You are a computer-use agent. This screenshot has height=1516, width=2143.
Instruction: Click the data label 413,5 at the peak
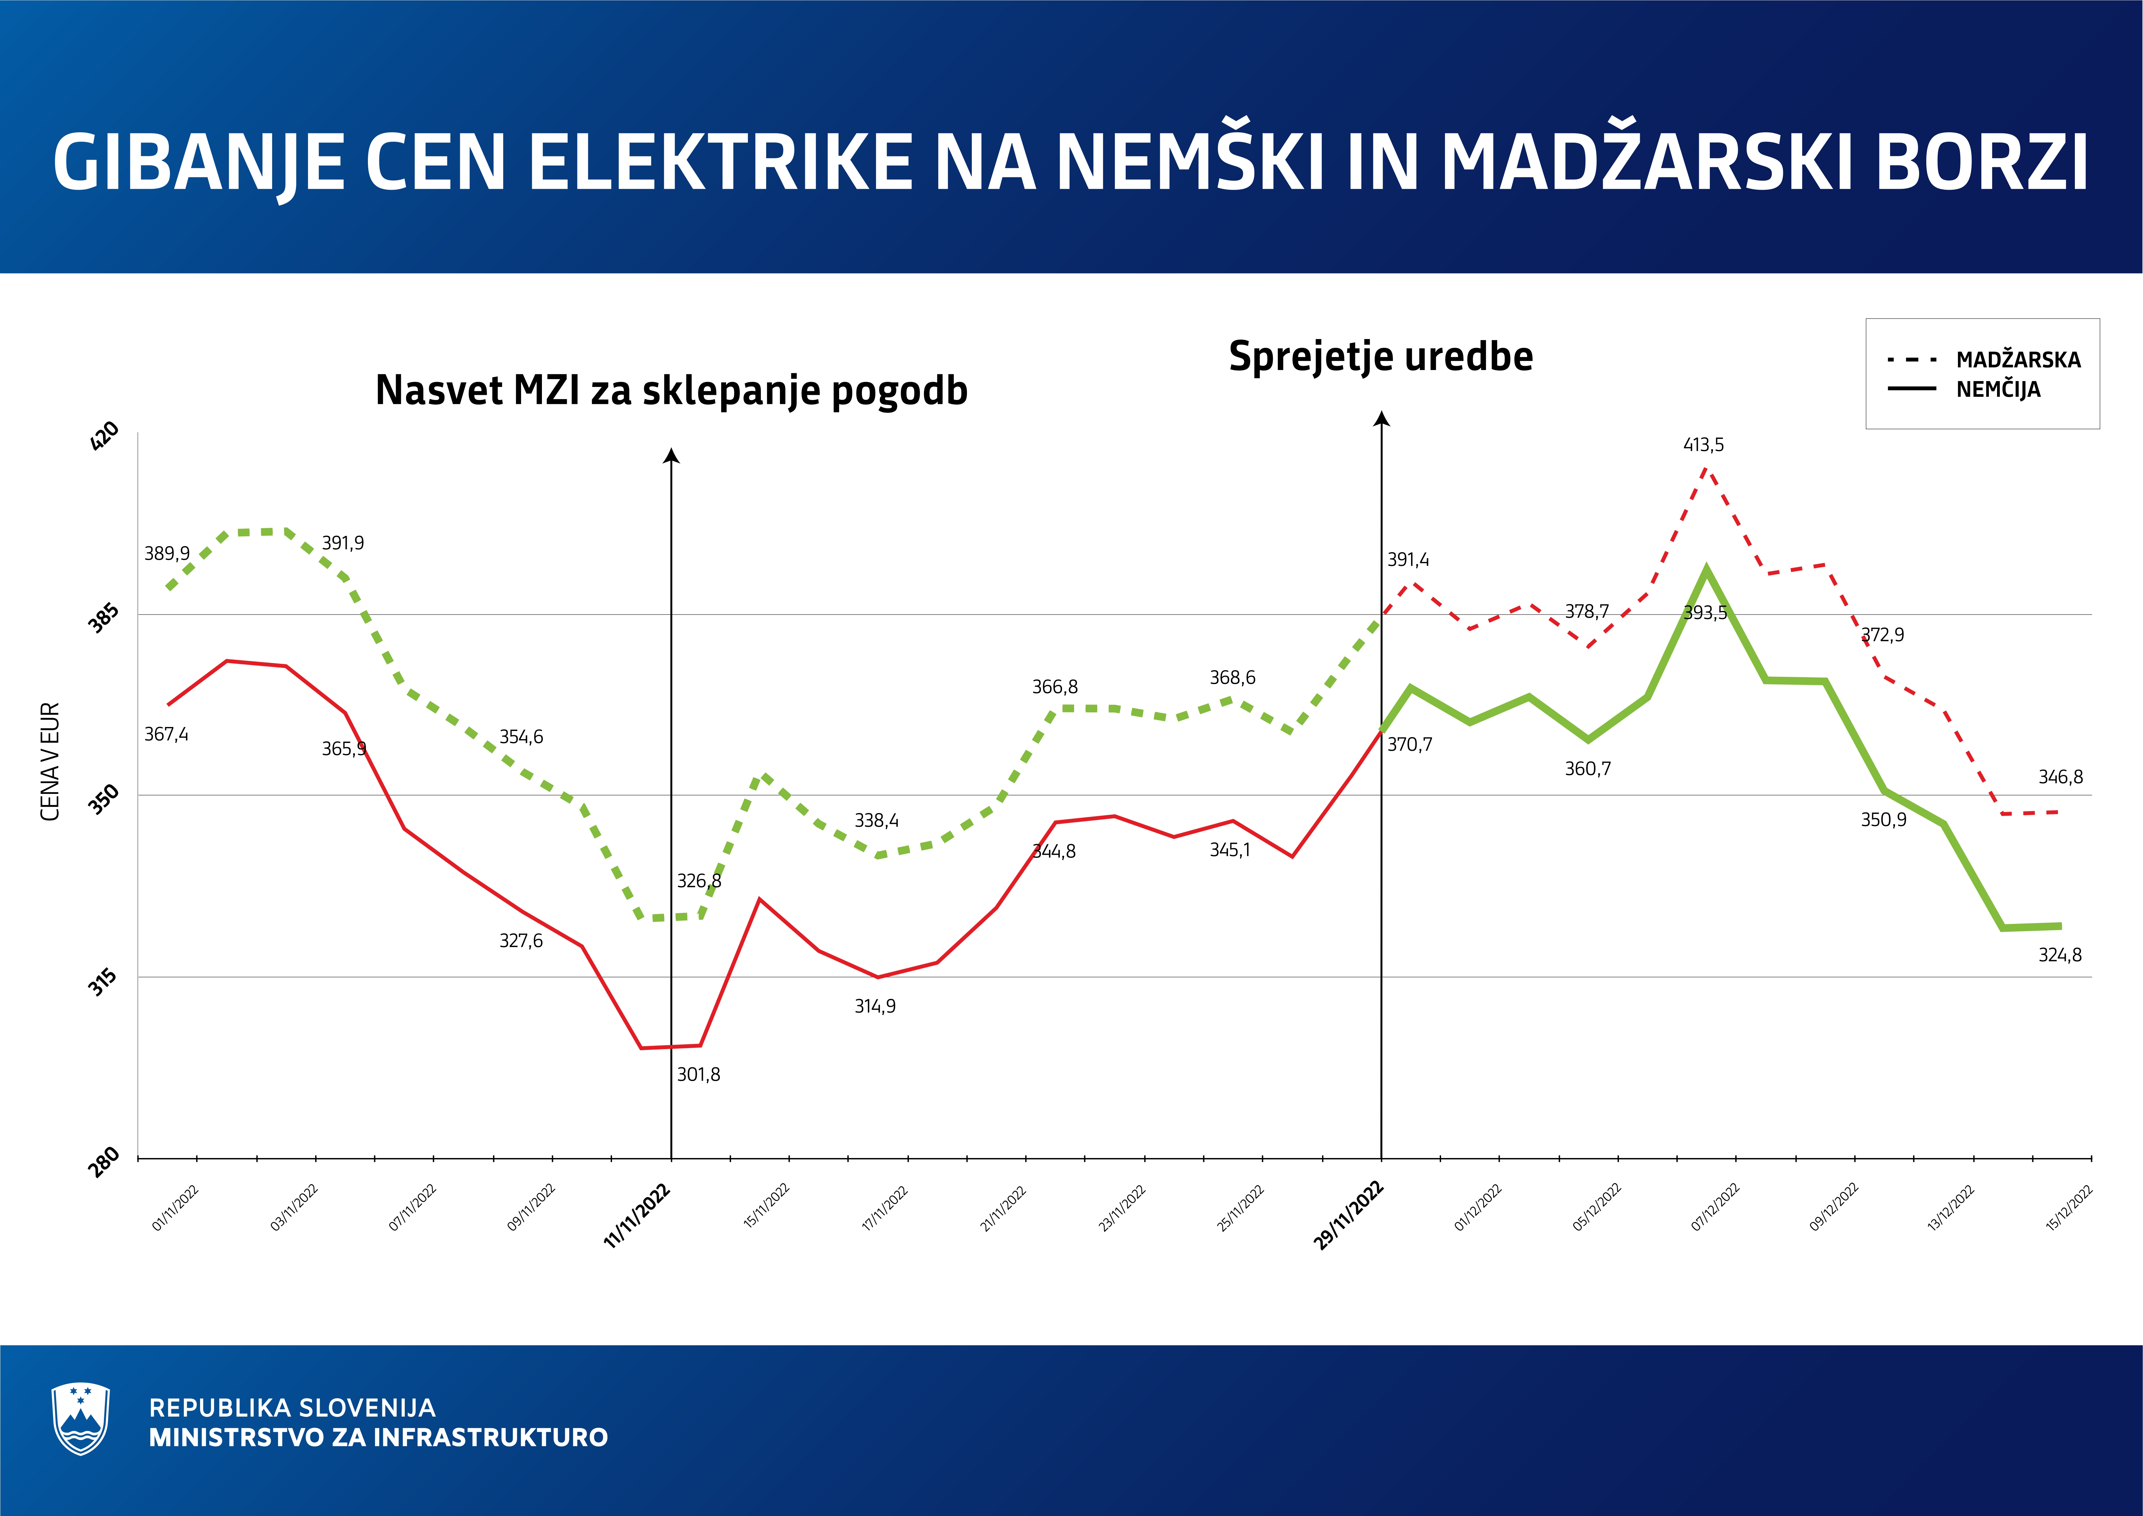pyautogui.click(x=1703, y=445)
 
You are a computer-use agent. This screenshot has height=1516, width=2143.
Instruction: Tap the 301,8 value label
pyautogui.click(x=698, y=1075)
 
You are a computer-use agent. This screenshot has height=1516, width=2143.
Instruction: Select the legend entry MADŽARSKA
pyautogui.click(x=2018, y=359)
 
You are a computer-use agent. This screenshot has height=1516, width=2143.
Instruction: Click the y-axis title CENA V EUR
pyautogui.click(x=51, y=762)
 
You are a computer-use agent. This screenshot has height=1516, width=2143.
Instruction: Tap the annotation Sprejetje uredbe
pyautogui.click(x=1380, y=357)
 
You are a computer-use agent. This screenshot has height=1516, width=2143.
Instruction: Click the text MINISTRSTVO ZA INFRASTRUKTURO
pyautogui.click(x=378, y=1437)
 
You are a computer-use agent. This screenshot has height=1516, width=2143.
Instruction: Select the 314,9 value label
pyautogui.click(x=875, y=1006)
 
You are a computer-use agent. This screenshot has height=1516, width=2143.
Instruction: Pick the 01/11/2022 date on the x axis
pyautogui.click(x=175, y=1208)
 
